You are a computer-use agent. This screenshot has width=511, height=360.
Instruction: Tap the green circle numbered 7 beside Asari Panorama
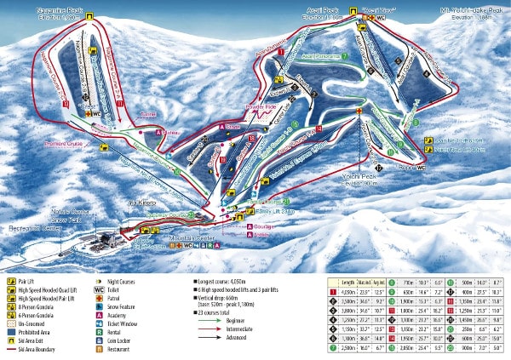345,56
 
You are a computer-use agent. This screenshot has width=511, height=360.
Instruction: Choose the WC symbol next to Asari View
381,17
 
